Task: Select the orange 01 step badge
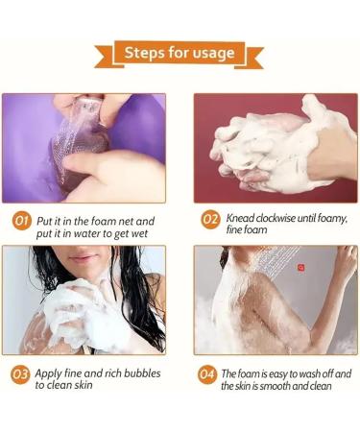(22, 221)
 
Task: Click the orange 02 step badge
(210, 219)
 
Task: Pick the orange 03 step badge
(20, 374)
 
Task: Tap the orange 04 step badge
(207, 374)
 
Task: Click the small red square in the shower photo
(300, 268)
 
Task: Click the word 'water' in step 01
(87, 234)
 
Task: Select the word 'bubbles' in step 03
(142, 373)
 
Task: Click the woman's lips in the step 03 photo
(82, 258)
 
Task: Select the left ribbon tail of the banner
(105, 57)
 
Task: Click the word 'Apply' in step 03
(48, 373)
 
